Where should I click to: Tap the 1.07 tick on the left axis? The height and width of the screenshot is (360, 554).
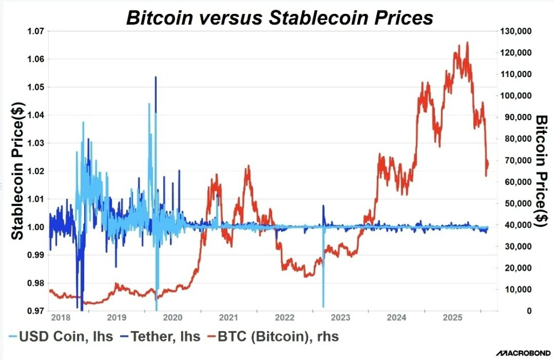[36, 31]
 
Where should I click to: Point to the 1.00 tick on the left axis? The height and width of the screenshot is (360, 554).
[36, 227]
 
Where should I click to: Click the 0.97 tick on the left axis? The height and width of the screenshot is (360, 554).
[36, 311]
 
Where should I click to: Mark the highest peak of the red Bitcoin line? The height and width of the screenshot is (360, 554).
[467, 42]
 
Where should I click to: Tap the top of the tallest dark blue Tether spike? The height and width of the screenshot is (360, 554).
[156, 77]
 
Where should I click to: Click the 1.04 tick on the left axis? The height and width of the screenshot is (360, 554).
[36, 115]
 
